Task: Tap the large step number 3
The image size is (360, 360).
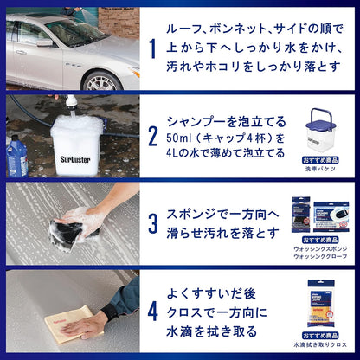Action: (153, 224)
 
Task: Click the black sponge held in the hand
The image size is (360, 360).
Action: (67, 229)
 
